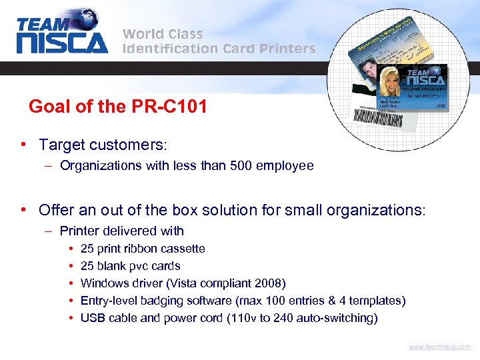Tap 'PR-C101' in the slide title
(175, 106)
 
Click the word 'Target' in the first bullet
(61, 145)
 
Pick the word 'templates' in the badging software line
(376, 301)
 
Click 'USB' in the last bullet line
(93, 318)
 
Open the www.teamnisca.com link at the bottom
(439, 347)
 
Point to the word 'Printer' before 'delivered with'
(79, 231)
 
